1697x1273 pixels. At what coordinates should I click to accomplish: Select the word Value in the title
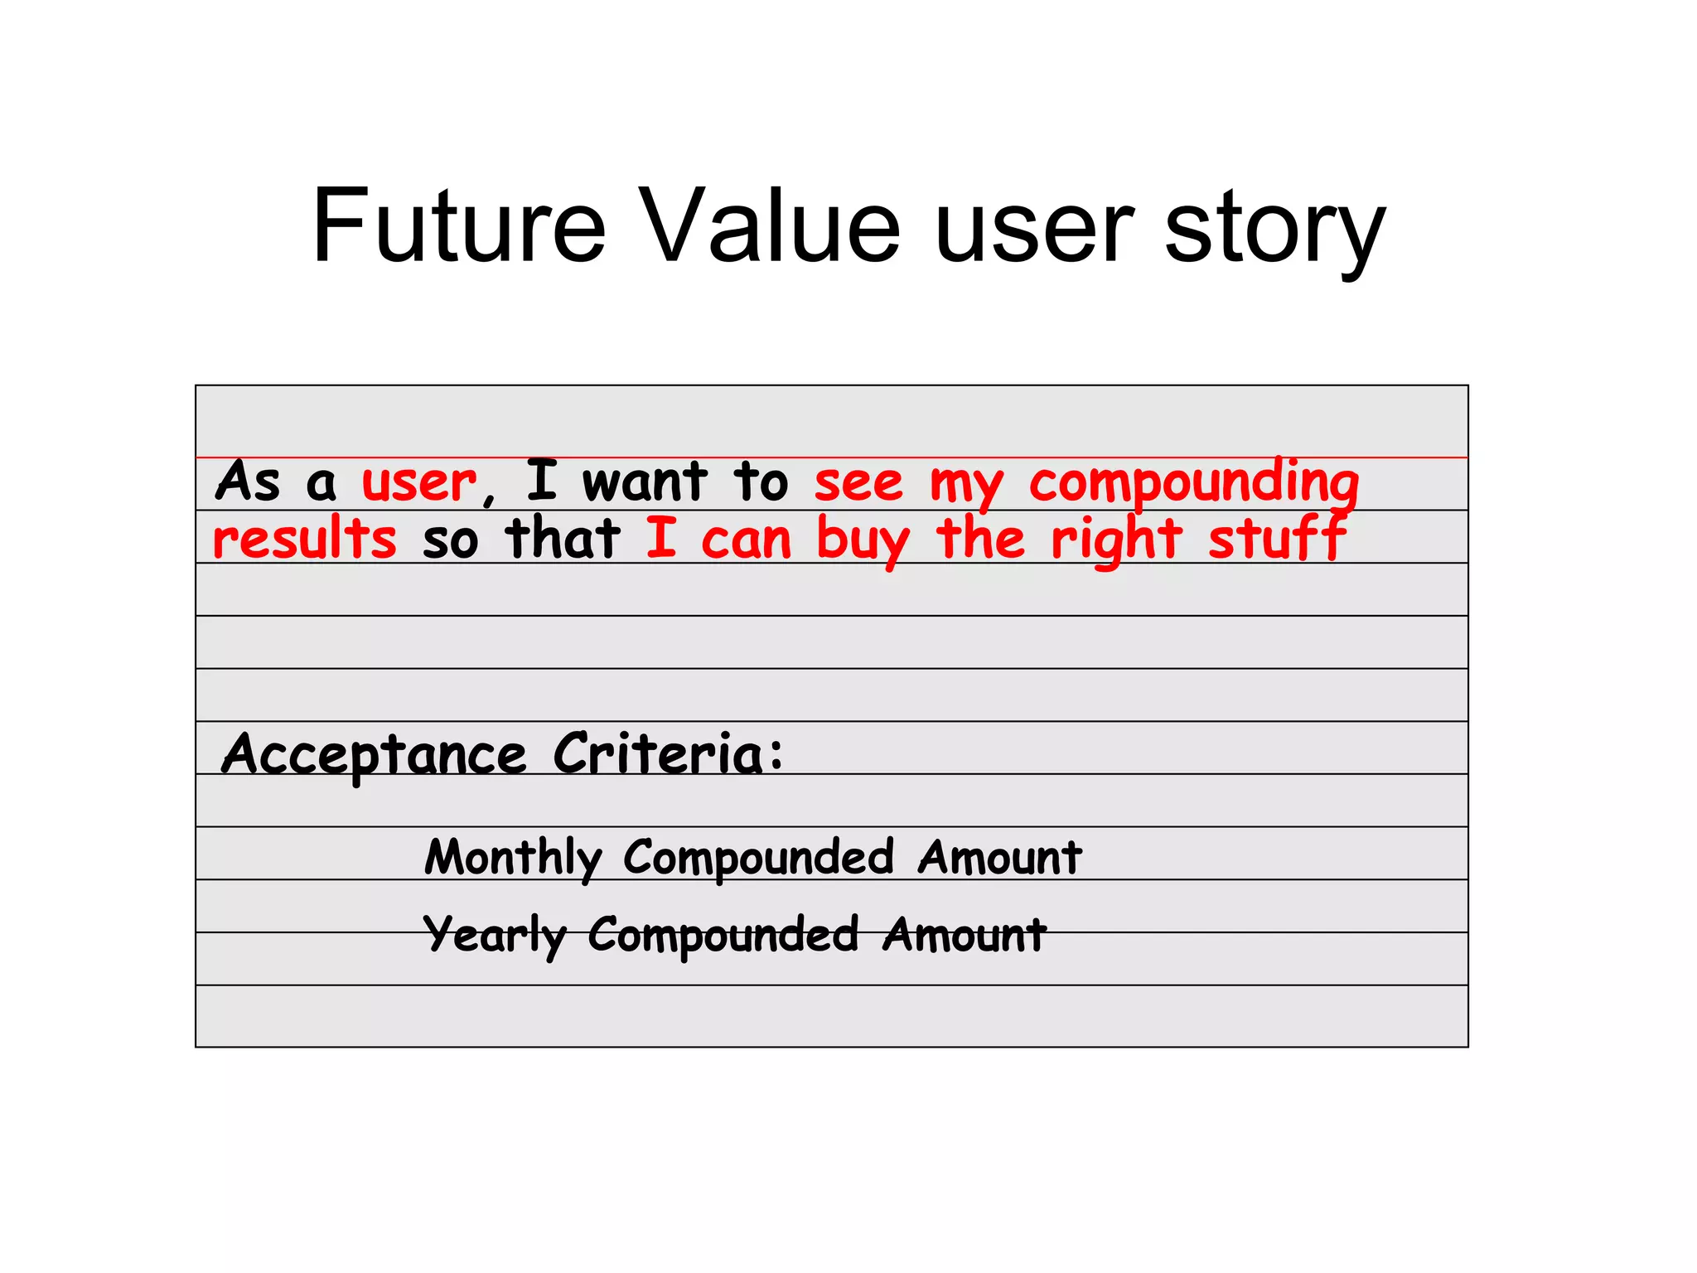pyautogui.click(x=771, y=226)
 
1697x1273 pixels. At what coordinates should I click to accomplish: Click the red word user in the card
pyautogui.click(x=419, y=482)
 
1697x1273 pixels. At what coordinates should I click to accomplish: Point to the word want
pyautogui.click(x=645, y=482)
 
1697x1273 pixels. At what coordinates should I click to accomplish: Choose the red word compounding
pyautogui.click(x=1194, y=484)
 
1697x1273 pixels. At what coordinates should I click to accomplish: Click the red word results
pyautogui.click(x=305, y=540)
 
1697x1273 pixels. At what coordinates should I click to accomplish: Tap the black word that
pyautogui.click(x=563, y=539)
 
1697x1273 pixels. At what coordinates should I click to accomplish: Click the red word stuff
pyautogui.click(x=1277, y=539)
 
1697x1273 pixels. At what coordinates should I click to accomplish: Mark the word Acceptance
pyautogui.click(x=374, y=755)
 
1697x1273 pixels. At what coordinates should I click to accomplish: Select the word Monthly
pyautogui.click(x=513, y=858)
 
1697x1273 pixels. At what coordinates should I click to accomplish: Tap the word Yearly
pyautogui.click(x=495, y=936)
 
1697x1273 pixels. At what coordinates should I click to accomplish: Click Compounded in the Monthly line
pyautogui.click(x=758, y=858)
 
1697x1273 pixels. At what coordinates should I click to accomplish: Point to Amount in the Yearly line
pyautogui.click(x=964, y=936)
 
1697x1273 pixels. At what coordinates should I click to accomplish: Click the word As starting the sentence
pyautogui.click(x=249, y=482)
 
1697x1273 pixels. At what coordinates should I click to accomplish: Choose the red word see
pyautogui.click(x=858, y=484)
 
